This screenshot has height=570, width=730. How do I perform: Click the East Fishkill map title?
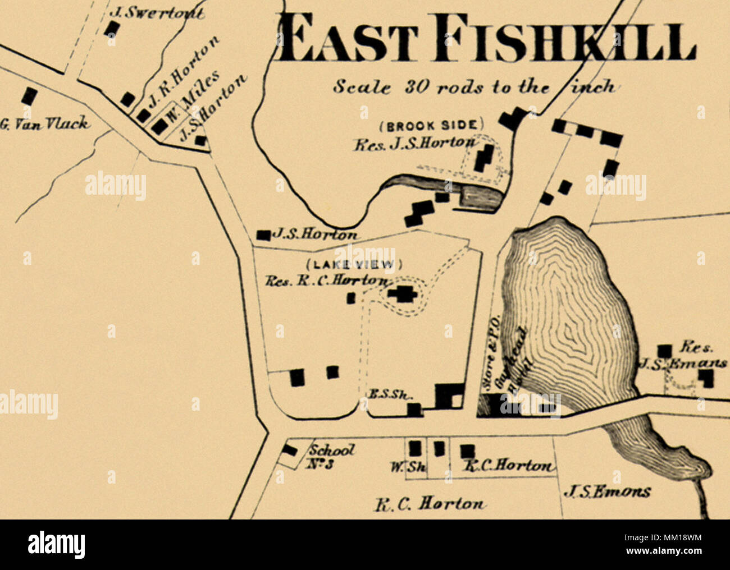(x=486, y=38)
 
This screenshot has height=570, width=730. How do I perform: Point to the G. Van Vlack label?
(x=45, y=124)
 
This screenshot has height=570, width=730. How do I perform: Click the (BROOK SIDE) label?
(x=431, y=125)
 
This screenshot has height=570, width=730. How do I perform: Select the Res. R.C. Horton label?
(x=326, y=281)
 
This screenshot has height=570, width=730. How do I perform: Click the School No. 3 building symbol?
(x=289, y=450)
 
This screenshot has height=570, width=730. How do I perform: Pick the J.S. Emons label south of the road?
(x=606, y=492)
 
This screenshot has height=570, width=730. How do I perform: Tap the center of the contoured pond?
(x=570, y=314)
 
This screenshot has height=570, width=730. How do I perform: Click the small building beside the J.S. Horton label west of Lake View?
(x=262, y=235)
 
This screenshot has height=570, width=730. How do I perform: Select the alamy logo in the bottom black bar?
(x=56, y=545)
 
